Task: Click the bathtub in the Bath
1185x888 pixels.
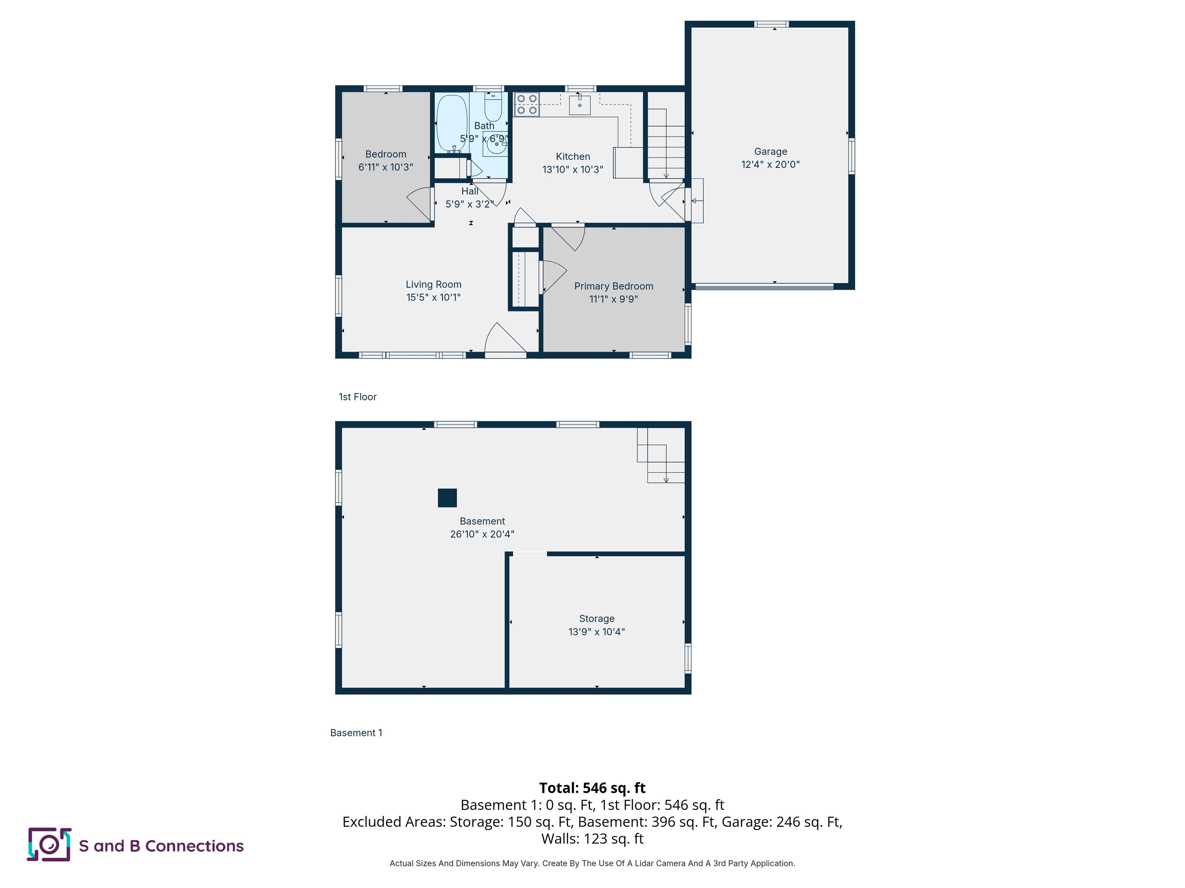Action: pyautogui.click(x=451, y=124)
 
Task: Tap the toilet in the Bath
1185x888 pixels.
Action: pyautogui.click(x=493, y=108)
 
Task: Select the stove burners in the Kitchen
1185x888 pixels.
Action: pyautogui.click(x=527, y=104)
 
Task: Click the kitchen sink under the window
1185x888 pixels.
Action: pyautogui.click(x=580, y=105)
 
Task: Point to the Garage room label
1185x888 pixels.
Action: pyautogui.click(x=770, y=151)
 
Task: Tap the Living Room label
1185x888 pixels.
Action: pyautogui.click(x=434, y=284)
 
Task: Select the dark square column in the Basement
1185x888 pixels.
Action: pyautogui.click(x=447, y=498)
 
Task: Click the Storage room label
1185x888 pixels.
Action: pyautogui.click(x=597, y=618)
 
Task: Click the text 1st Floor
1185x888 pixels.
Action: pyautogui.click(x=357, y=397)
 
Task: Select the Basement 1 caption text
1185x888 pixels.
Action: pyautogui.click(x=356, y=733)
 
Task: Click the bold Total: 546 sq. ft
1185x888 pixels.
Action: pyautogui.click(x=592, y=788)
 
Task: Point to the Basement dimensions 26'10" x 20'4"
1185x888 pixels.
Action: pyautogui.click(x=482, y=534)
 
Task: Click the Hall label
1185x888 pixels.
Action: pyautogui.click(x=470, y=191)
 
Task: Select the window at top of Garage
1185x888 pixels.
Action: pyautogui.click(x=771, y=24)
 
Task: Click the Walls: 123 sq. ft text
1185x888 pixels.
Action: pyautogui.click(x=592, y=839)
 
